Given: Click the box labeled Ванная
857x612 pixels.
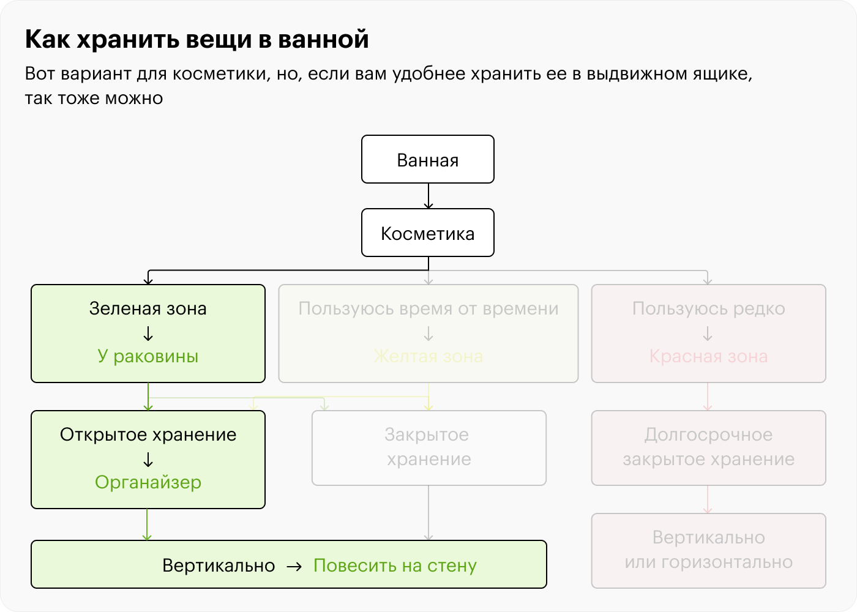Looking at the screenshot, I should click(x=428, y=160).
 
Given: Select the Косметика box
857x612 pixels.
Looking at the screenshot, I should click(x=428, y=233).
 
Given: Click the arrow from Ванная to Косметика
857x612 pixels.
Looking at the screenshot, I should click(x=428, y=196).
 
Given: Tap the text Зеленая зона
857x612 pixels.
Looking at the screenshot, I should click(x=148, y=308).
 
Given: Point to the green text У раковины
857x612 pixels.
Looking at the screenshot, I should click(x=148, y=356).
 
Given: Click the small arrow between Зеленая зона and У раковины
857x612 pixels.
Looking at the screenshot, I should click(x=148, y=334).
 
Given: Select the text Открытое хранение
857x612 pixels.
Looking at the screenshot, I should click(x=148, y=435).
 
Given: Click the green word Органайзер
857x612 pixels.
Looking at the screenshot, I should click(x=148, y=482).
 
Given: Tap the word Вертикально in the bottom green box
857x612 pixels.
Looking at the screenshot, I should click(x=219, y=565).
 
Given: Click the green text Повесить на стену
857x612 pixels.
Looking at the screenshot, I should click(x=395, y=565).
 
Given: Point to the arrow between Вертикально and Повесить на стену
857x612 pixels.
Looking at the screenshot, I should click(x=294, y=566).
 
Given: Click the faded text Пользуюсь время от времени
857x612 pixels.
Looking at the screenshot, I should click(x=428, y=308).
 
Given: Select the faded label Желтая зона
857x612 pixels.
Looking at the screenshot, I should click(x=428, y=356).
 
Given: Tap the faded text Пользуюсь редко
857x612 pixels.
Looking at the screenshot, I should click(x=708, y=308).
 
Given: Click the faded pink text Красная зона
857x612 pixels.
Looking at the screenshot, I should click(x=708, y=356).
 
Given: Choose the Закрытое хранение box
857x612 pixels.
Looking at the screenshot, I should click(x=428, y=447).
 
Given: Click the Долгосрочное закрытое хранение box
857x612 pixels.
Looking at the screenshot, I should click(x=708, y=447).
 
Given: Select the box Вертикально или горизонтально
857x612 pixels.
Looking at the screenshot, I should click(x=708, y=550).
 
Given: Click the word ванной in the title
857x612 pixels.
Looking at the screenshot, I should click(x=323, y=39).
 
